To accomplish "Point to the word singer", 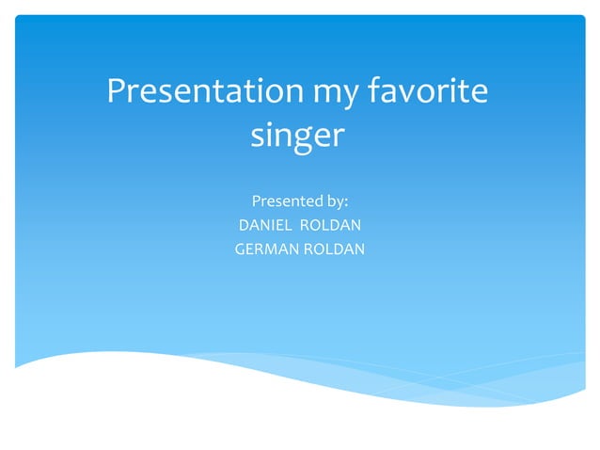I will (298, 137).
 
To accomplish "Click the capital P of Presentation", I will (117, 92).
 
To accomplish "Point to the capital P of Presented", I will (257, 201).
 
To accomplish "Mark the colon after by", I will (347, 202).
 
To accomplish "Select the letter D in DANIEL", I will (245, 225).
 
